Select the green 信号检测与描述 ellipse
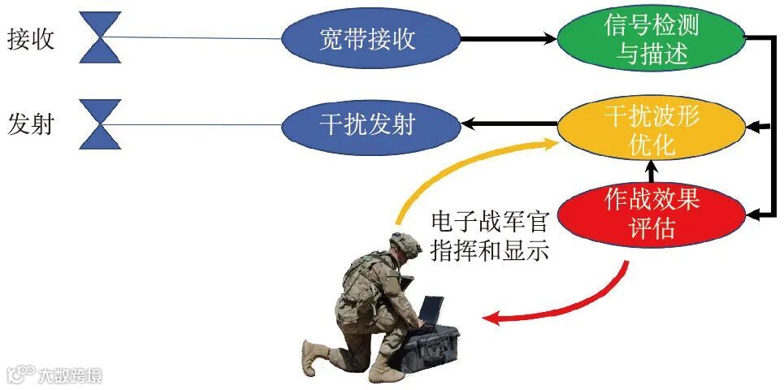coord(652,39)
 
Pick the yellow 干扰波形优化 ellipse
coord(652,130)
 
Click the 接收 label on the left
coord(32,39)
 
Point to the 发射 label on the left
coord(32,125)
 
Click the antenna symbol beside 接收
coord(100,37)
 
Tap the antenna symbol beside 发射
coord(100,124)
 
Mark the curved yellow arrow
coord(455,167)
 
